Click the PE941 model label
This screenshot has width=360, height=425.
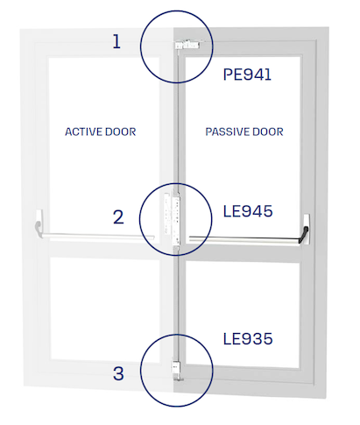247,74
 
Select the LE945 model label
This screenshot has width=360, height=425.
248,211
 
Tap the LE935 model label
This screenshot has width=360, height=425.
248,339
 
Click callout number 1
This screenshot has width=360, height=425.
116,41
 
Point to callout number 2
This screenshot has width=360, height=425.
118,217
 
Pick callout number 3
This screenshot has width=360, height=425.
118,373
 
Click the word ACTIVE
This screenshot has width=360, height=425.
83,131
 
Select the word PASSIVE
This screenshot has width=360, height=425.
225,131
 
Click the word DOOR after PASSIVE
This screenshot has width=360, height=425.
268,131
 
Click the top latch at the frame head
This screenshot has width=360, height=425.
187,45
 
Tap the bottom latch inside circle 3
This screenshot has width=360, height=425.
176,371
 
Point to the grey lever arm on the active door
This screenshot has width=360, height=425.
38,228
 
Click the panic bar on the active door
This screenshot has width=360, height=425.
98,236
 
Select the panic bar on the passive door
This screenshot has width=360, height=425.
244,239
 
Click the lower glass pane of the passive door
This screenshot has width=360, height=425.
243,315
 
